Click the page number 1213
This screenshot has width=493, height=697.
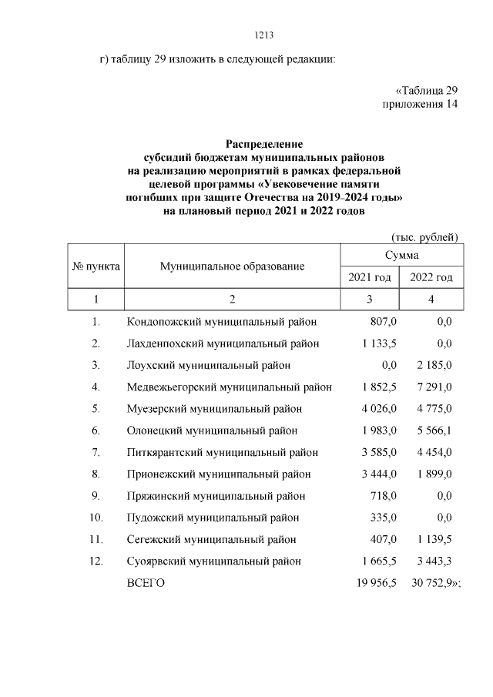click(x=264, y=35)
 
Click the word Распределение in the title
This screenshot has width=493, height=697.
click(x=264, y=144)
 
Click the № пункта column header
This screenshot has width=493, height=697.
click(x=96, y=266)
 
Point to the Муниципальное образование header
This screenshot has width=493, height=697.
click(x=232, y=266)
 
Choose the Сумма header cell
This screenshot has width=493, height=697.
click(x=401, y=254)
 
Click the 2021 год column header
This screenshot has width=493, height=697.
click(x=370, y=277)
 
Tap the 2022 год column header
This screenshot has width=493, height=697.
click(x=431, y=277)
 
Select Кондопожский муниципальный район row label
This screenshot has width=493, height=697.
click(x=222, y=322)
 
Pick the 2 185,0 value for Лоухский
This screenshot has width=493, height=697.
click(x=434, y=365)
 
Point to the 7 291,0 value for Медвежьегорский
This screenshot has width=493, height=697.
click(x=434, y=387)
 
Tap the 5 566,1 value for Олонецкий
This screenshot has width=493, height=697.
click(x=434, y=431)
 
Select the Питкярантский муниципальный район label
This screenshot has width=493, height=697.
click(x=222, y=452)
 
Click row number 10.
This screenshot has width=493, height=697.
click(x=96, y=518)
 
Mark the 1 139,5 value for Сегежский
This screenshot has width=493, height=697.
click(x=434, y=539)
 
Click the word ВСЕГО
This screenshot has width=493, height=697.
click(x=146, y=583)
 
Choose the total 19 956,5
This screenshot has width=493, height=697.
click(x=375, y=583)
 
